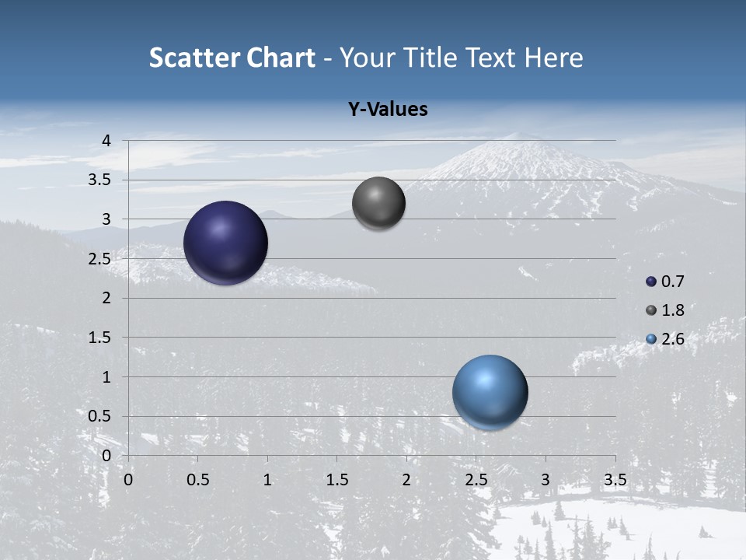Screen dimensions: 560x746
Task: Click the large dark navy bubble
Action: click(226, 243)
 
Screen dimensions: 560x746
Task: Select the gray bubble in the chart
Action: click(378, 204)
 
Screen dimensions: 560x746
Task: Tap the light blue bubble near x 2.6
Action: click(490, 393)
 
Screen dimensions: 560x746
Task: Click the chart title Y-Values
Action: click(388, 110)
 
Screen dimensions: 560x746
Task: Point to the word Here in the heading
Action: click(553, 58)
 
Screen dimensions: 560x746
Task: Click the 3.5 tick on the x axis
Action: click(615, 480)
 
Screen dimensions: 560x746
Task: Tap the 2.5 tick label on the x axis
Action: click(476, 480)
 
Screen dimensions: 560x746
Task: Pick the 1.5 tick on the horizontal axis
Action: click(336, 480)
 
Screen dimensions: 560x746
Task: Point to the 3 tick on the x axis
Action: click(545, 480)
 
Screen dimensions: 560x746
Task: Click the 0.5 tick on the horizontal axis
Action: click(197, 480)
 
